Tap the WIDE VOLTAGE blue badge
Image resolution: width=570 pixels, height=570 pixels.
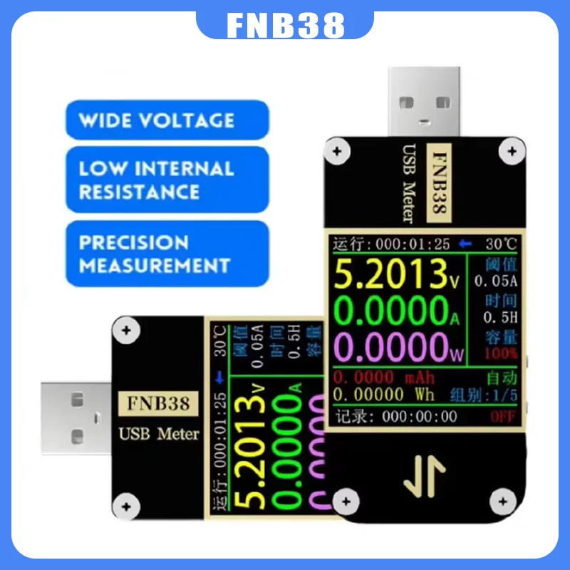pos(157,120)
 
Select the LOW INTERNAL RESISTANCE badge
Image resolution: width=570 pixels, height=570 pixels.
pos(157,180)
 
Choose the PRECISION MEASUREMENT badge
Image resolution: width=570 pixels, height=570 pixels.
pos(157,254)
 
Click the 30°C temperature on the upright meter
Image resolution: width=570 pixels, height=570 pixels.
pos(499,244)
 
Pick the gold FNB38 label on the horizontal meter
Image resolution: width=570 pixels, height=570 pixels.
pos(158,403)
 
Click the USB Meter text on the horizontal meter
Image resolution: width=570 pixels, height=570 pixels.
pos(158,433)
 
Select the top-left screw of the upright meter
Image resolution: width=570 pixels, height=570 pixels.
pos(336,151)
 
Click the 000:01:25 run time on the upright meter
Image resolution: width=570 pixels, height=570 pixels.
pos(413,244)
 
